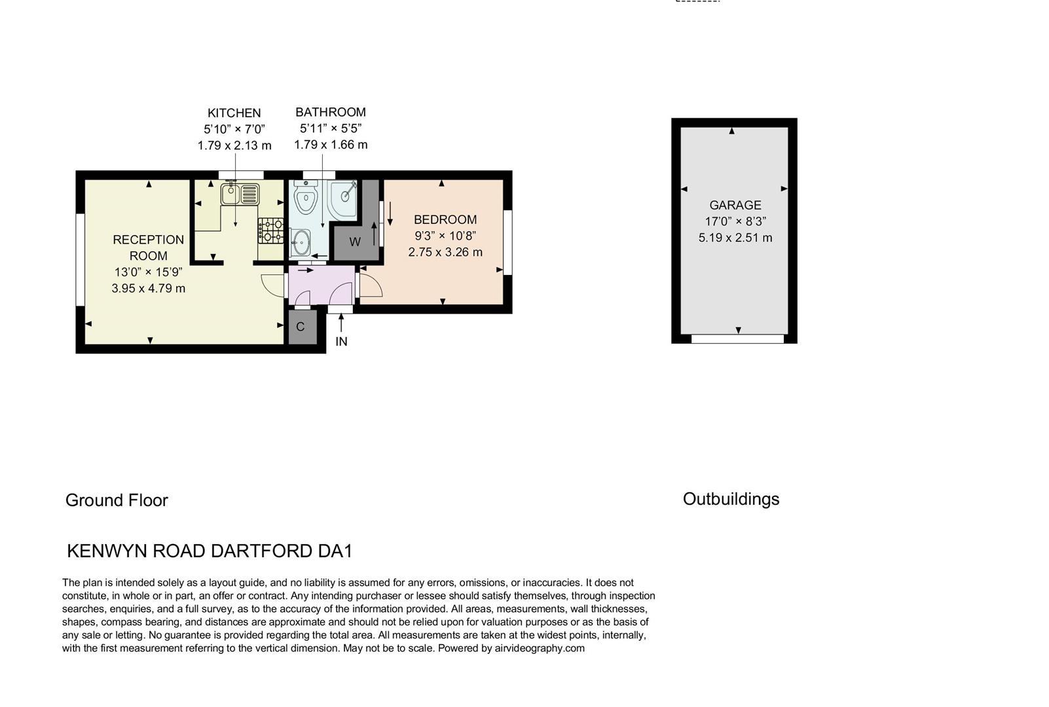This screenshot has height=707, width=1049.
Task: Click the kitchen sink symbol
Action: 240,194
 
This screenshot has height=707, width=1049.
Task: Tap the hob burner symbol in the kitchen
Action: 270,230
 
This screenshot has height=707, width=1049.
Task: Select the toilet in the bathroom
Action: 305,197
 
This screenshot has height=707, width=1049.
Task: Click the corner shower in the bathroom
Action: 343,198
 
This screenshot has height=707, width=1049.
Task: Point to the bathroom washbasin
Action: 301,243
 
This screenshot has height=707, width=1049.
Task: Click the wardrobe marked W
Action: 355,242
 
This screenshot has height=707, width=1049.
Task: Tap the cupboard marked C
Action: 301,327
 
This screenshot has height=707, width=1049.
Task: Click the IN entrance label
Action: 341,342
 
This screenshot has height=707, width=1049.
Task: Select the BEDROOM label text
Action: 445,220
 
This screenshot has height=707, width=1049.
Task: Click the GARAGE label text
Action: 735,205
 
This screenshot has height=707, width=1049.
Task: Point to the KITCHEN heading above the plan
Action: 234,113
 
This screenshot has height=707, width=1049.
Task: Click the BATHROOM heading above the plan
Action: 331,113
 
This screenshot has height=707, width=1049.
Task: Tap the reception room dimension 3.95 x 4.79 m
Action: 149,288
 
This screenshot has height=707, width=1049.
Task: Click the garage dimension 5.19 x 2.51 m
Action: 735,238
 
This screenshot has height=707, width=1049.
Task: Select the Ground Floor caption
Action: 117,500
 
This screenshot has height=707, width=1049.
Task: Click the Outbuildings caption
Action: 731,499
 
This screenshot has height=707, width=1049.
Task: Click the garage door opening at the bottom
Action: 737,339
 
